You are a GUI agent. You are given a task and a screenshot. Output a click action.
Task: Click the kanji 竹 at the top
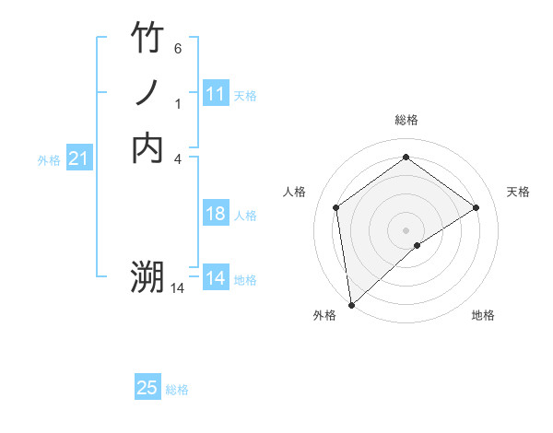[147, 38]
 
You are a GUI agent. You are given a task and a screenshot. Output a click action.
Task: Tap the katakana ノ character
[147, 92]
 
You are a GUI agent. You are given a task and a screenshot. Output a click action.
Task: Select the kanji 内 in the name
[147, 147]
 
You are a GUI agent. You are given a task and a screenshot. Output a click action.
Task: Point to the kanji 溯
[147, 276]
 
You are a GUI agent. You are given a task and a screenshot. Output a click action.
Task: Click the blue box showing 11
[216, 94]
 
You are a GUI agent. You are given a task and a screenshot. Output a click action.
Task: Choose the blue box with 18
[216, 214]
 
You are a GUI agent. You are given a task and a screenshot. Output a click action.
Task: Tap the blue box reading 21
[79, 159]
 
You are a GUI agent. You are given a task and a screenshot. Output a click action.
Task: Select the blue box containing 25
[147, 388]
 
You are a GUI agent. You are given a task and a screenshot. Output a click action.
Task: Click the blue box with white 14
[216, 278]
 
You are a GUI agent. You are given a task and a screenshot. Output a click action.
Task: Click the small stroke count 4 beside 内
[177, 158]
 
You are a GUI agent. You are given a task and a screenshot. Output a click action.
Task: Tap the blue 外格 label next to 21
[49, 160]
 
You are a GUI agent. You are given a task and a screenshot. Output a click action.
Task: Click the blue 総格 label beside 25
[177, 390]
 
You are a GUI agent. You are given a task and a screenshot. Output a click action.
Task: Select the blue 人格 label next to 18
[245, 216]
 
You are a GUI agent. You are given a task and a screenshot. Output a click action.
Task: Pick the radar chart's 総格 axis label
[406, 120]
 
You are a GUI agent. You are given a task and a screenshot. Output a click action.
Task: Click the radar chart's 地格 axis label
[483, 315]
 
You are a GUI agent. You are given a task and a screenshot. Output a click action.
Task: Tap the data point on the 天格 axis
[476, 207]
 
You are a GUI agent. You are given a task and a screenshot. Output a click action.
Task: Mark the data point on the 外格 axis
[351, 304]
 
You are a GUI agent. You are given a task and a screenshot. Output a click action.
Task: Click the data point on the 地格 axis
[418, 245]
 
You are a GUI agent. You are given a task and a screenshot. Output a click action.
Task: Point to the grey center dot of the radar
[406, 229]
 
